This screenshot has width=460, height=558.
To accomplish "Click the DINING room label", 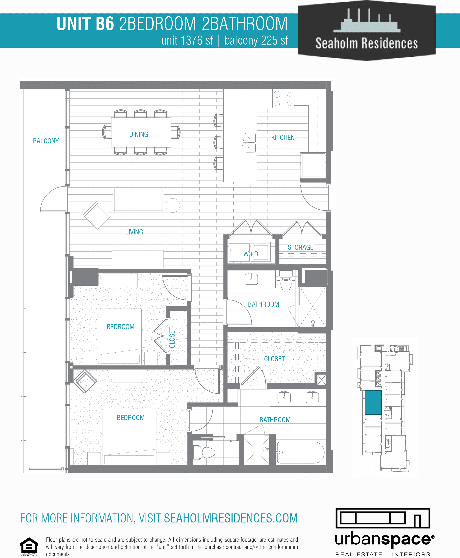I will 139,134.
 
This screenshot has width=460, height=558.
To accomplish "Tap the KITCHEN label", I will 283,137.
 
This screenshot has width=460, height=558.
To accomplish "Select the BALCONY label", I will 46,141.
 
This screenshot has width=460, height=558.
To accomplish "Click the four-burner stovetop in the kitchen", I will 283,99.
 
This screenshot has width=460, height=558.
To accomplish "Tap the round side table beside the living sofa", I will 172,205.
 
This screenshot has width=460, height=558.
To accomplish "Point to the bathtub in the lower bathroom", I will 300,452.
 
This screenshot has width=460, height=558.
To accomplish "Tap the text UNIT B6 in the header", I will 85,24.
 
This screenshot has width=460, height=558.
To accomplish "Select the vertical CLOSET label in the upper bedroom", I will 172,338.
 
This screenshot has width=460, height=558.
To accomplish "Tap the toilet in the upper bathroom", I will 286,282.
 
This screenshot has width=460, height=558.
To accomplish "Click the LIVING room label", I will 134,232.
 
